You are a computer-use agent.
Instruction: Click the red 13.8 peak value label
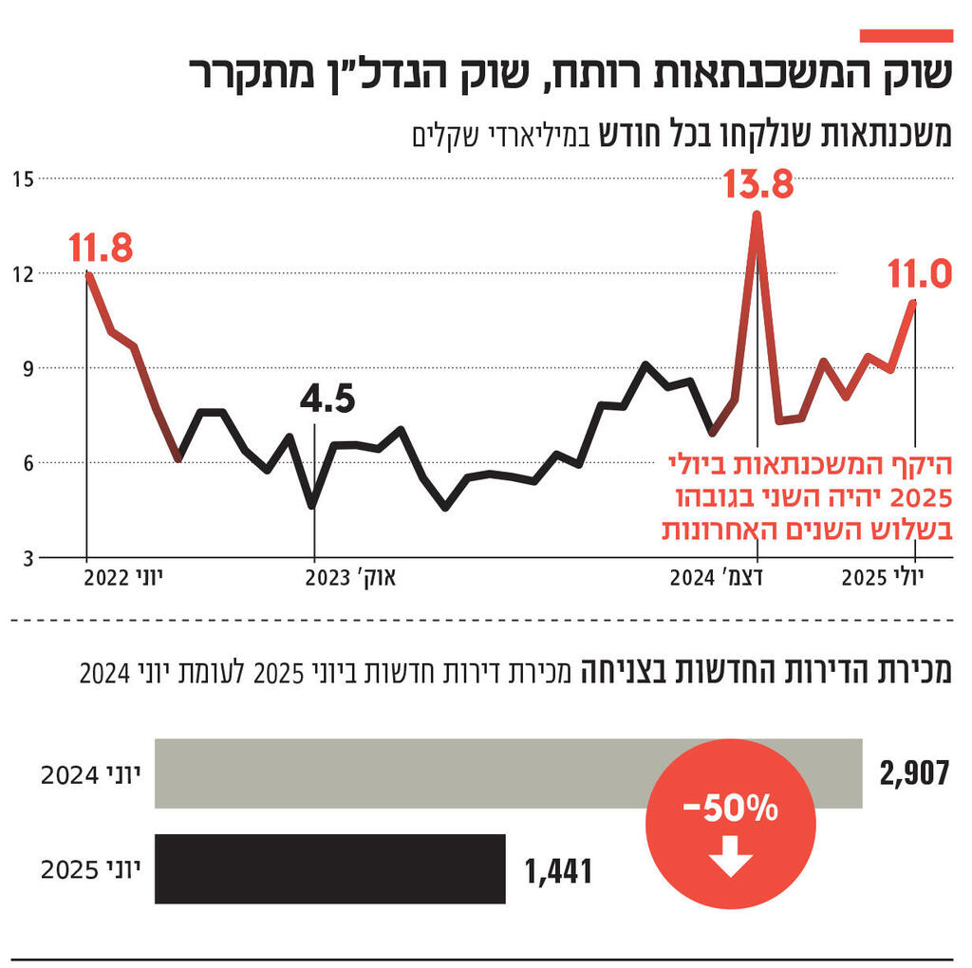[x=757, y=183]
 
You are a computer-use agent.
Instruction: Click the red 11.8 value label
[x=100, y=249]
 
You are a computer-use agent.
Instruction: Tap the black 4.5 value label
[x=327, y=400]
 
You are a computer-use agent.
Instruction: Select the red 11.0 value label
[x=919, y=275]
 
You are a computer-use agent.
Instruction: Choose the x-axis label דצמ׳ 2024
[x=719, y=578]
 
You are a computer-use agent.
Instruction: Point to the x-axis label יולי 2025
[x=895, y=578]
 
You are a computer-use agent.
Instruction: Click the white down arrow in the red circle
[x=730, y=860]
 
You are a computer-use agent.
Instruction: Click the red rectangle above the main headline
[x=906, y=35]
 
